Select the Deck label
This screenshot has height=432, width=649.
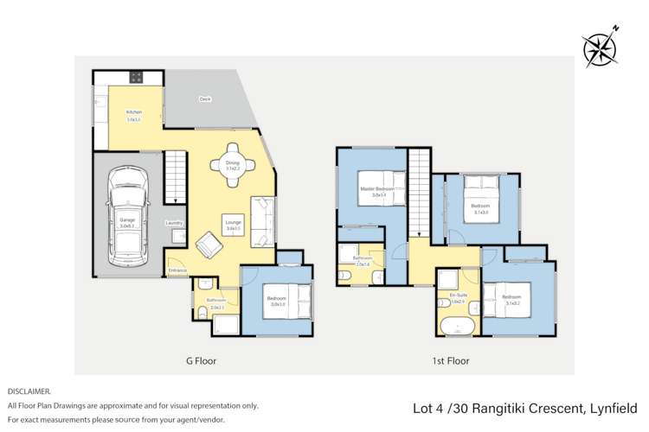[205, 99]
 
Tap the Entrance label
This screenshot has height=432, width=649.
[178, 270]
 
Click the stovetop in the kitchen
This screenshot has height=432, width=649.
[136, 77]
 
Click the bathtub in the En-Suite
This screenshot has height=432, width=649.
[456, 327]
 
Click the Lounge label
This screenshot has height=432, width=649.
[234, 220]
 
